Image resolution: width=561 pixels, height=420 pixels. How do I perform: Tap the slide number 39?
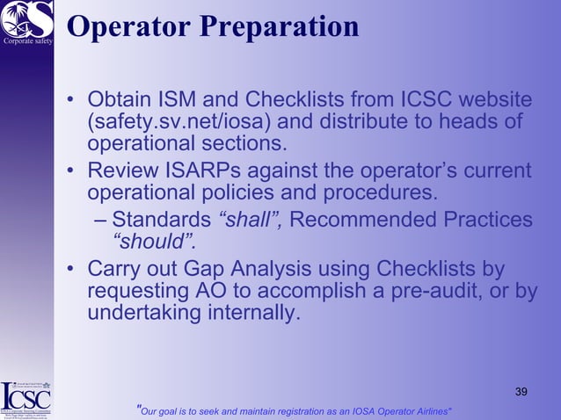(521, 390)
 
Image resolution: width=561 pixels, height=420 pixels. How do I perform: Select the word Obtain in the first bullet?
(121, 99)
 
